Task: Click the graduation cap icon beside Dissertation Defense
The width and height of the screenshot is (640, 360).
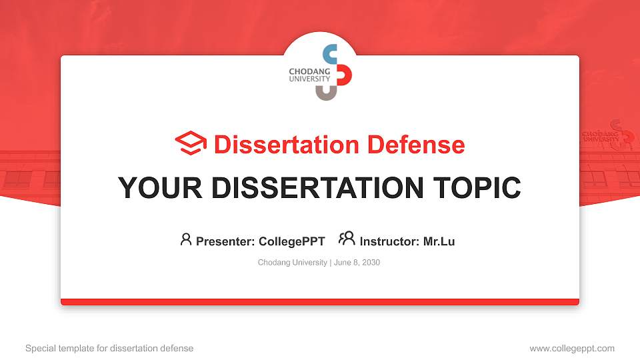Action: click(191, 143)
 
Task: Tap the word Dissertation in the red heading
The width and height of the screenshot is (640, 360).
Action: click(287, 145)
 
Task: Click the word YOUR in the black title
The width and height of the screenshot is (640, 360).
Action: click(160, 188)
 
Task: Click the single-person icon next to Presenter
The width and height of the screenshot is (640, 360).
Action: click(186, 239)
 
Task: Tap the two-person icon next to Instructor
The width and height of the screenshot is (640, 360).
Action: click(347, 239)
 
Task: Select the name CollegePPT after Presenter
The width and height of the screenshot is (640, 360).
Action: click(292, 241)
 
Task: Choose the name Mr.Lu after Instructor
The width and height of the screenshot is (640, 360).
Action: click(439, 241)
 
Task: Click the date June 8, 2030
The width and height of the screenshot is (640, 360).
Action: click(357, 263)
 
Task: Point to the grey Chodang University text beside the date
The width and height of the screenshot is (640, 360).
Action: click(292, 263)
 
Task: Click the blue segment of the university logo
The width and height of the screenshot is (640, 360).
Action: click(330, 53)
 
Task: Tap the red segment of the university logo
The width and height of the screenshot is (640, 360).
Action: click(345, 75)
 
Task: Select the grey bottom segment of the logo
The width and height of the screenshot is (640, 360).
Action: click(327, 93)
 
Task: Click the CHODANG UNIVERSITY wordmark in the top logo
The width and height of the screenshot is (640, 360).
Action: click(309, 75)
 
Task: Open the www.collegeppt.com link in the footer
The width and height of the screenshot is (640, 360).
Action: click(572, 348)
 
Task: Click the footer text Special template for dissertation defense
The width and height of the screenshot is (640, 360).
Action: click(109, 348)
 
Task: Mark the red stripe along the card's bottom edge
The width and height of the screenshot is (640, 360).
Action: click(320, 302)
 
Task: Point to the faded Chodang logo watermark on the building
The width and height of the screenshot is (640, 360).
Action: click(609, 133)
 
